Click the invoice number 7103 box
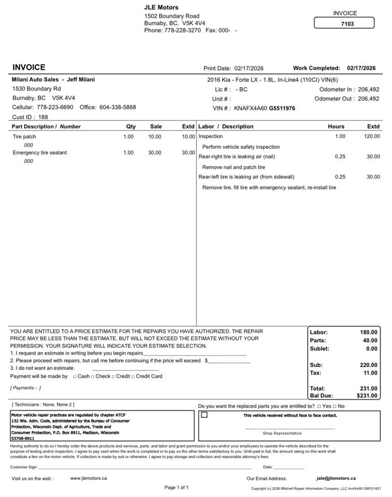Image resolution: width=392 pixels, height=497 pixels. (344, 23)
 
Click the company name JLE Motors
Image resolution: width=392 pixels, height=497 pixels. (161, 7)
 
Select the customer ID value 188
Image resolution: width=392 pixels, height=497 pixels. (43, 117)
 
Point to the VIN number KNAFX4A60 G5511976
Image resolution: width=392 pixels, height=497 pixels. (265, 108)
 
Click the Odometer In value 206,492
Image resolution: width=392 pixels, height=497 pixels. (368, 90)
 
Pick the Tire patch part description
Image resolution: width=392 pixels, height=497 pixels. (24, 137)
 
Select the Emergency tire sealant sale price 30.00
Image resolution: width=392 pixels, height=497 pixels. (155, 153)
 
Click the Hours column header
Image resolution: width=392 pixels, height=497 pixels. (336, 126)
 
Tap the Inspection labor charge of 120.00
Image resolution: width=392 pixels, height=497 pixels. (371, 136)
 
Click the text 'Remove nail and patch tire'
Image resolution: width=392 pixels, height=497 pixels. (234, 167)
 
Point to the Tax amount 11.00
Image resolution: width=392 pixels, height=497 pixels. (370, 373)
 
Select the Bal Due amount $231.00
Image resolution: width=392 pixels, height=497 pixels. (367, 396)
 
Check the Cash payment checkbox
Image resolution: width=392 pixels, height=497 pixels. (75, 377)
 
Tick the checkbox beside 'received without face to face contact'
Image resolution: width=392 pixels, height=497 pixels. (205, 415)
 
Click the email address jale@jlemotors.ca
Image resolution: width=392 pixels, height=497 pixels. (336, 478)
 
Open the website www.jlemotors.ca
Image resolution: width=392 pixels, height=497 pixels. (89, 478)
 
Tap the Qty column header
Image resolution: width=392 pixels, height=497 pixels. (131, 126)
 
